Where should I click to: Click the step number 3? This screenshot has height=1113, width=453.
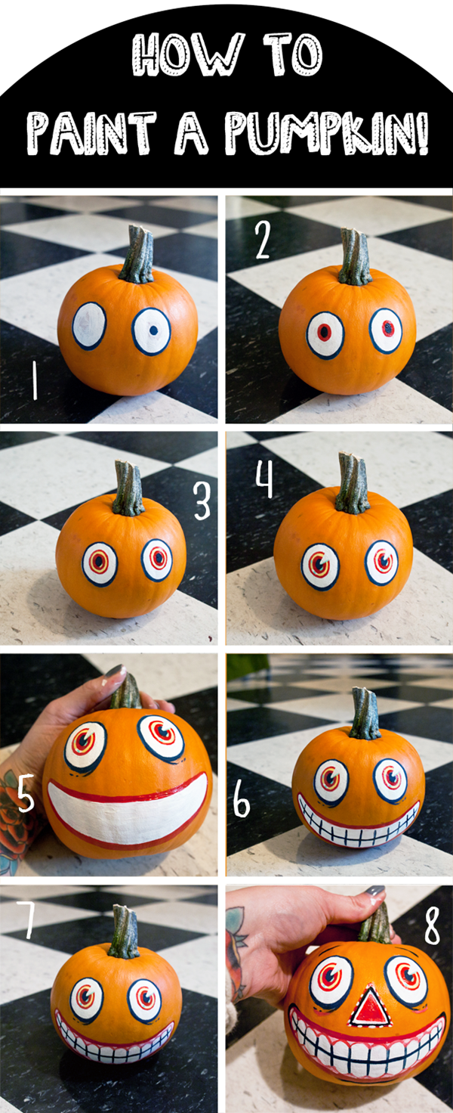(x=202, y=500)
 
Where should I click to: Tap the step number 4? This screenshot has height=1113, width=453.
(x=263, y=481)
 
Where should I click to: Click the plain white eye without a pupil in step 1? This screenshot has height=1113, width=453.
(x=89, y=326)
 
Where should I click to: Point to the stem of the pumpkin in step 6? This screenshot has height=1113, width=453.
(x=365, y=715)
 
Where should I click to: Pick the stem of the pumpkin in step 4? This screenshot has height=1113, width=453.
(x=353, y=484)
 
